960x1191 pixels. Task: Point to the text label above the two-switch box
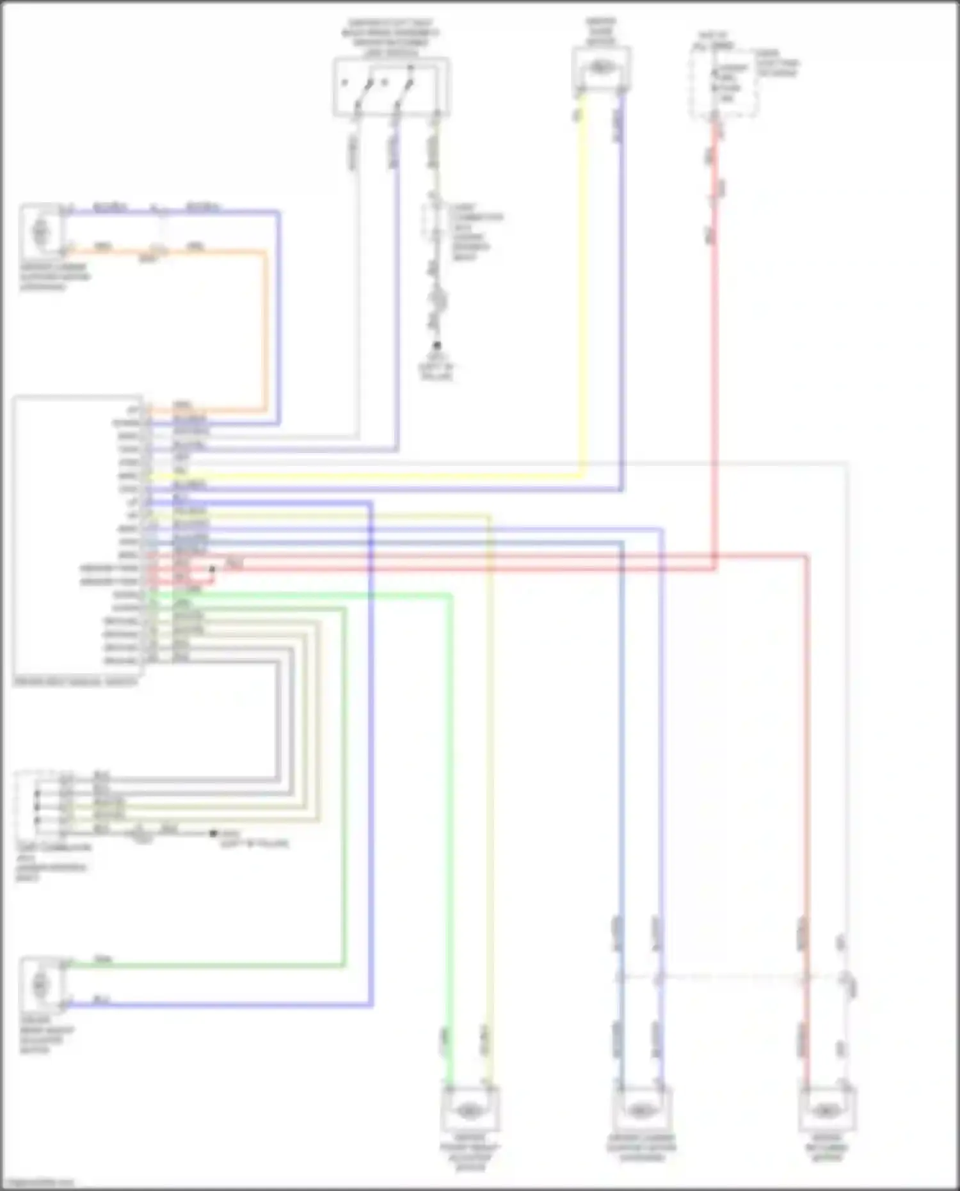click(391, 38)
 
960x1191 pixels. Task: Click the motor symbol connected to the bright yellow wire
click(600, 67)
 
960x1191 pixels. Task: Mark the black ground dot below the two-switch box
click(437, 346)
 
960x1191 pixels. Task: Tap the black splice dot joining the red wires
click(212, 568)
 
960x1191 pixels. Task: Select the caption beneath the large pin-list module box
click(76, 682)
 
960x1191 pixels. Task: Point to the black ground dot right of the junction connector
click(213, 833)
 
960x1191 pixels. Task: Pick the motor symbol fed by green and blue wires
click(41, 984)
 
